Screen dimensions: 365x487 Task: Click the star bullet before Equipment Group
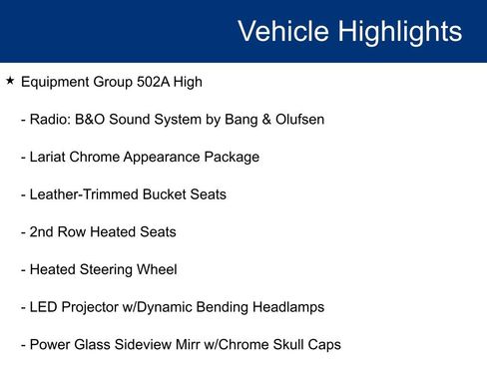coord(10,80)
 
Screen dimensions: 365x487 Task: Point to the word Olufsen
coord(296,120)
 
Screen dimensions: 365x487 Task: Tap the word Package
coord(231,157)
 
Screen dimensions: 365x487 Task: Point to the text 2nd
coord(42,232)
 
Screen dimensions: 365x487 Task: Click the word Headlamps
coord(285,307)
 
